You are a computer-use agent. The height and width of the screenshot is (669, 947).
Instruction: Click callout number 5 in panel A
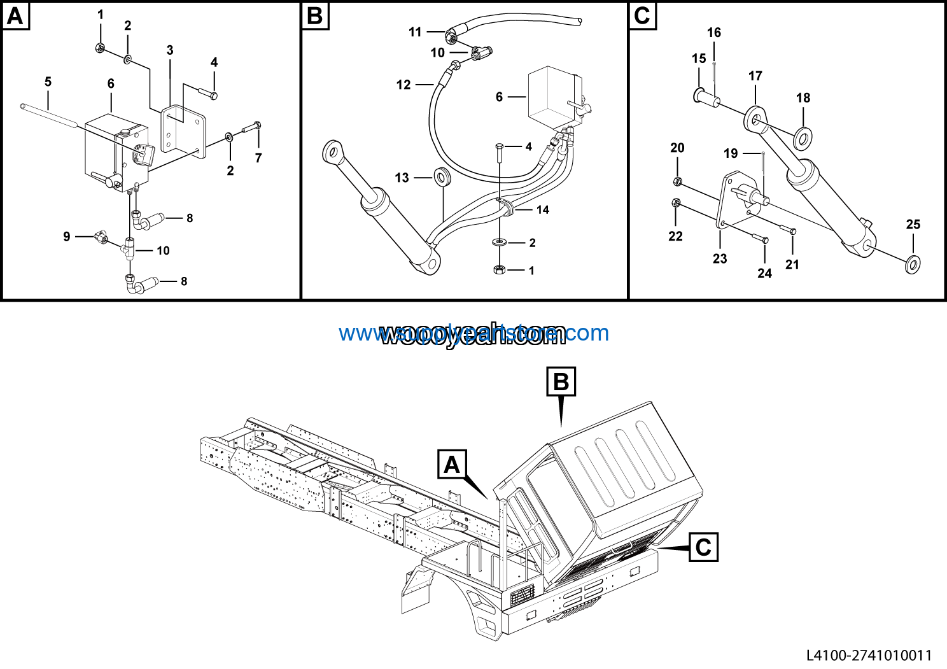(48, 82)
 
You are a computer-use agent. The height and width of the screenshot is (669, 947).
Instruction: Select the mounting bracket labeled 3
(183, 130)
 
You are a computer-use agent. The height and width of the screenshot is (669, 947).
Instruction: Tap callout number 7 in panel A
(258, 158)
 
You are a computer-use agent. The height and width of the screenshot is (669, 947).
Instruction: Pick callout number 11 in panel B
(415, 32)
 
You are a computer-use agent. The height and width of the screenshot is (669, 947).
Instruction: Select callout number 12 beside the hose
(403, 85)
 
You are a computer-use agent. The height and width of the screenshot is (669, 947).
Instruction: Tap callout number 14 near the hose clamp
(542, 209)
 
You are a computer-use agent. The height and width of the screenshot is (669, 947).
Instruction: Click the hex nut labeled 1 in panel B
(500, 271)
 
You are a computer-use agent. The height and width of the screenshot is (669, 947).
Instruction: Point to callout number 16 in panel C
(714, 32)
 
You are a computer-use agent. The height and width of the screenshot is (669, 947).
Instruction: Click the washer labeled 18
(803, 136)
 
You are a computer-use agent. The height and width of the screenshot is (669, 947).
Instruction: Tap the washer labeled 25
(913, 263)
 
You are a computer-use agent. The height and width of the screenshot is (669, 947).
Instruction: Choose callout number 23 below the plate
(720, 258)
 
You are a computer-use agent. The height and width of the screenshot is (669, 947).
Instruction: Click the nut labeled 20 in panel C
(678, 181)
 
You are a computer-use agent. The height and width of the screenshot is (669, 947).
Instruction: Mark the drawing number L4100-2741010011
(869, 655)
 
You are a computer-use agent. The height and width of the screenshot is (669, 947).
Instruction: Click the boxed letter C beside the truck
(703, 547)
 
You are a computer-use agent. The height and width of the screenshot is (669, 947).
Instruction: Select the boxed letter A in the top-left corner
(15, 15)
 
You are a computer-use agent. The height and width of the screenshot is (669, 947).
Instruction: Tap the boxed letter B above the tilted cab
(561, 382)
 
